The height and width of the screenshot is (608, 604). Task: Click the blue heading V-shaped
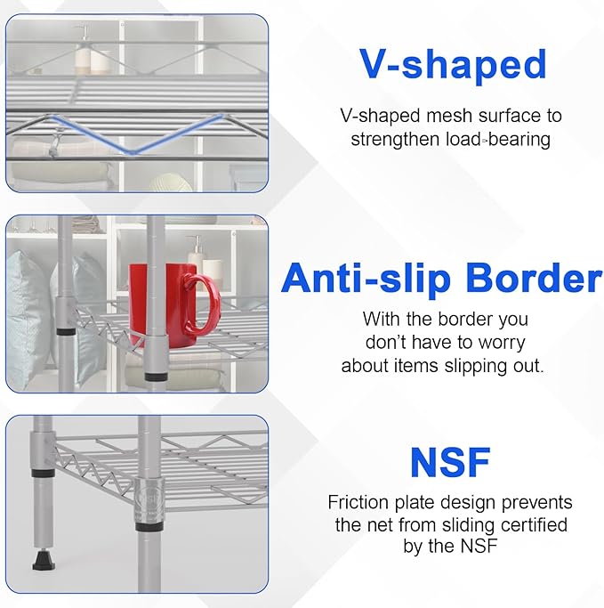pos(452,64)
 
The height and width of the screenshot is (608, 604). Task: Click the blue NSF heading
pos(450,462)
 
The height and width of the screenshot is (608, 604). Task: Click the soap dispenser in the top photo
pos(83,52)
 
